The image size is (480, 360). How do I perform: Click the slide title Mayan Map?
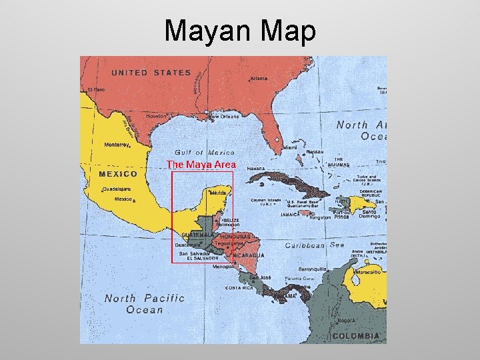240,31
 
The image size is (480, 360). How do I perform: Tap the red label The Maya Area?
201,164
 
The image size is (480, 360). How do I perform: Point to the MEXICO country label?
118,174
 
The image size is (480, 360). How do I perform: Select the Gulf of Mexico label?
204,152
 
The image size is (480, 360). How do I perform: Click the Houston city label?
156,116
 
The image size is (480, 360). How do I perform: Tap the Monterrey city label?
117,144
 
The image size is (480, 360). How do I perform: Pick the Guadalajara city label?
117,189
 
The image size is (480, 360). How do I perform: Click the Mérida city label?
218,193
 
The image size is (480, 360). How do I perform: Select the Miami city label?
290,148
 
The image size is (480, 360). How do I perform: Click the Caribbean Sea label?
315,245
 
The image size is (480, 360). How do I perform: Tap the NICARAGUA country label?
247,255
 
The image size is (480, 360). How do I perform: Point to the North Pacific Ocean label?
144,303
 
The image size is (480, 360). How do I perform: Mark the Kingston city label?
320,217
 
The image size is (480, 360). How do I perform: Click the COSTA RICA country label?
239,288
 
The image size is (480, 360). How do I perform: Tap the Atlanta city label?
259,79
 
